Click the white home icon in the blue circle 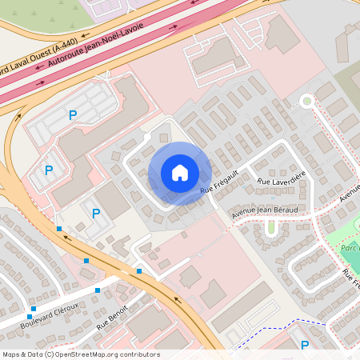click(x=180, y=173)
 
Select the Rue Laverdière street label click(x=281, y=182)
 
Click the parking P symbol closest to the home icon click(x=96, y=213)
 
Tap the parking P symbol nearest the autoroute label click(x=73, y=116)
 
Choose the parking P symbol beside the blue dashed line click(x=304, y=345)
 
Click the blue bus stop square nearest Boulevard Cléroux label click(x=34, y=308)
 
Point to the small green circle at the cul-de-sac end click(x=306, y=100)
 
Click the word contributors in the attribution click(x=138, y=354)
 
